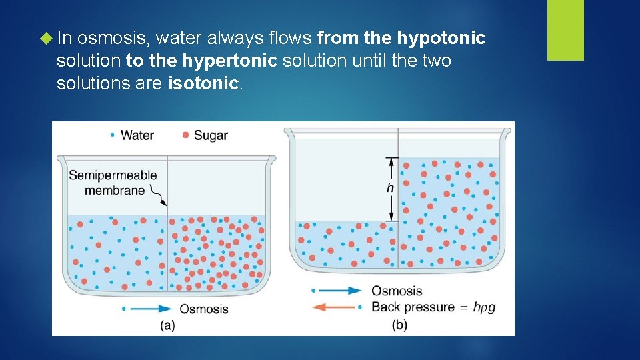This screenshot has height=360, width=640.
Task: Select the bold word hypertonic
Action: click(230, 61)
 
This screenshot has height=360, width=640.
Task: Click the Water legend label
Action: click(137, 135)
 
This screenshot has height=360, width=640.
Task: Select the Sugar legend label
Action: click(211, 135)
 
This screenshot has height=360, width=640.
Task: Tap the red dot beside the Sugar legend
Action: click(185, 135)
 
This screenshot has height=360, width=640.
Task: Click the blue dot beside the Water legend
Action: click(112, 135)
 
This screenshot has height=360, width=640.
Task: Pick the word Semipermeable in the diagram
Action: click(113, 175)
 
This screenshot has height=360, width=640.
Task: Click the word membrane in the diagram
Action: click(115, 190)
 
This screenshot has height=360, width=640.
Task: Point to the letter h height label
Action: click(390, 188)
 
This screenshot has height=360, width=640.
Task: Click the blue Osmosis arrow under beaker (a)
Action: click(147, 308)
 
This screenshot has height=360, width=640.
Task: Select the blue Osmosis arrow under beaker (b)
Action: click(337, 291)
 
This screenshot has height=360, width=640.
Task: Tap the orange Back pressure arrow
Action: click(337, 307)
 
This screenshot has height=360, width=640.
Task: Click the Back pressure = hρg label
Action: click(433, 307)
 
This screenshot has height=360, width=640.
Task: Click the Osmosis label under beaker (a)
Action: click(203, 309)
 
